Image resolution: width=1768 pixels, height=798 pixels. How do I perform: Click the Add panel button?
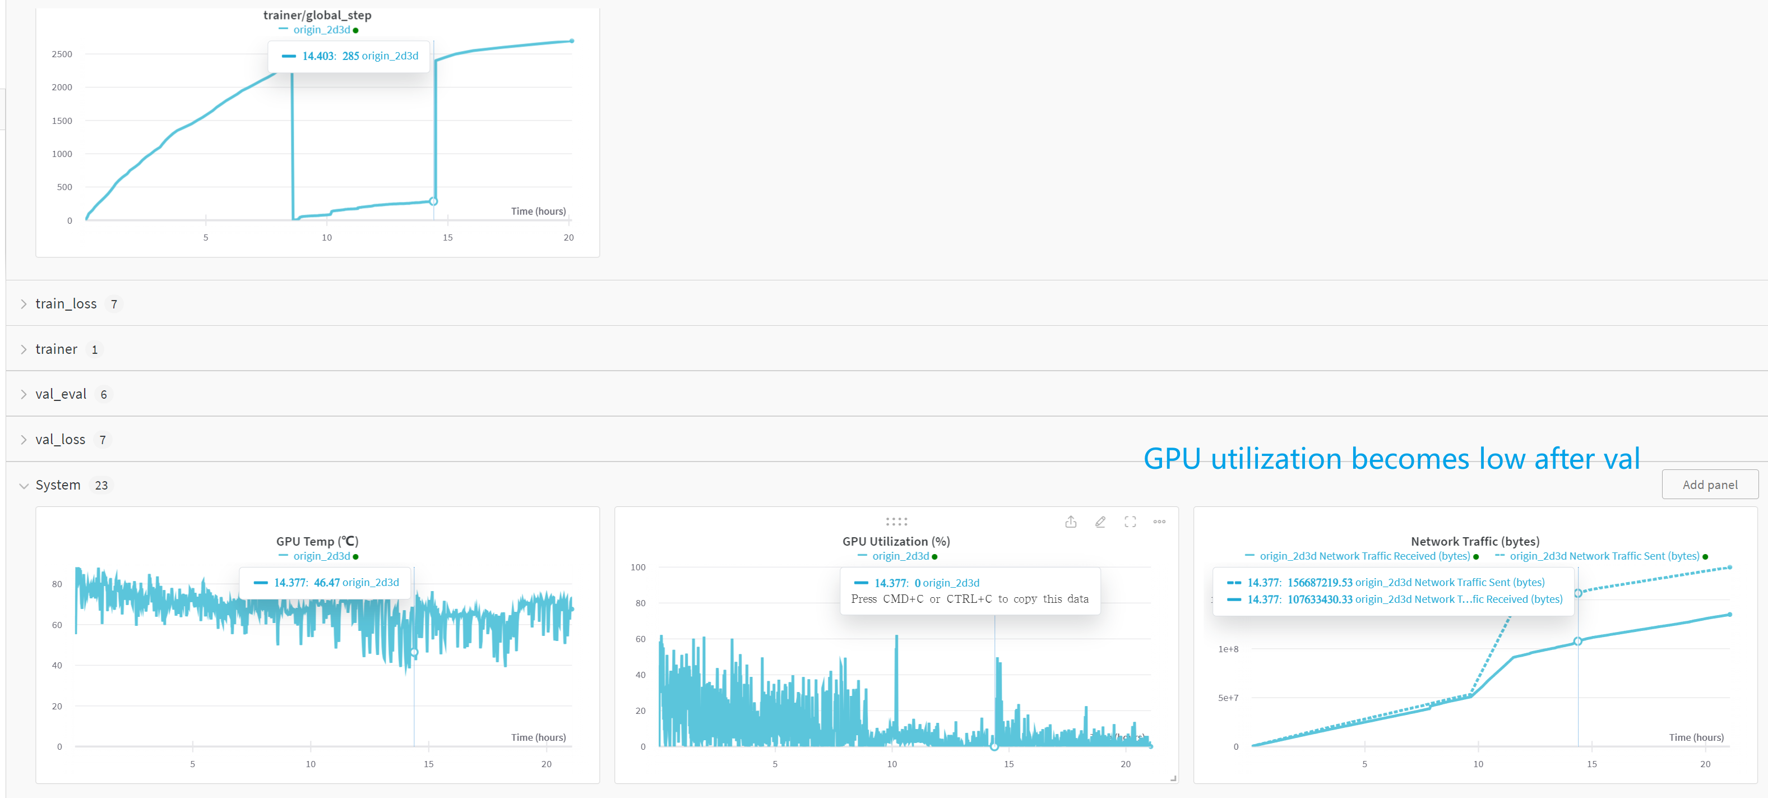1709,485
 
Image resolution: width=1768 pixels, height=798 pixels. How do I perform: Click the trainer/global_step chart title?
317,15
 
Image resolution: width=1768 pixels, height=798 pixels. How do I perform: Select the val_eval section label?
61,394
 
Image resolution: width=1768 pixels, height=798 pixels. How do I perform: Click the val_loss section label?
61,440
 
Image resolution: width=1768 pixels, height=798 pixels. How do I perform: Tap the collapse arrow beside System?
24,486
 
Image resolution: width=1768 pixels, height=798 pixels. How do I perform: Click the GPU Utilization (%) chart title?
896,541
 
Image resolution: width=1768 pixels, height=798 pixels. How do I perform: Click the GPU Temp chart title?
317,541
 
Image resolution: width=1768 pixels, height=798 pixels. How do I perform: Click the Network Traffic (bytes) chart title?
1474,541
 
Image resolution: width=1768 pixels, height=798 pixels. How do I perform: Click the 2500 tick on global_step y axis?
62,54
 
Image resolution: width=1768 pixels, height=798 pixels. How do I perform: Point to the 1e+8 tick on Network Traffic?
1228,649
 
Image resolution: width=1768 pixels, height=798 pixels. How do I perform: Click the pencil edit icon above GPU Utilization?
1100,522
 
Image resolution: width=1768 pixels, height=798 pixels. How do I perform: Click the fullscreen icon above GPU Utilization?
1130,522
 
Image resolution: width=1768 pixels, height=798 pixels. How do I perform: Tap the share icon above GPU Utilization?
1071,522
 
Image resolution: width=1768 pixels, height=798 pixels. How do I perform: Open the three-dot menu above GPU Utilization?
1159,522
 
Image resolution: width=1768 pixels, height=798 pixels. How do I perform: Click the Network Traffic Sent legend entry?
1604,556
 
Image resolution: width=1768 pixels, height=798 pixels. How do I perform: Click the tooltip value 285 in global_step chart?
351,56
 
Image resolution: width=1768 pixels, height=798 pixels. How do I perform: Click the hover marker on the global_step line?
433,201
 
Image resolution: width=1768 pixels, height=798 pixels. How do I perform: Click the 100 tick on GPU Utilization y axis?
637,568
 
